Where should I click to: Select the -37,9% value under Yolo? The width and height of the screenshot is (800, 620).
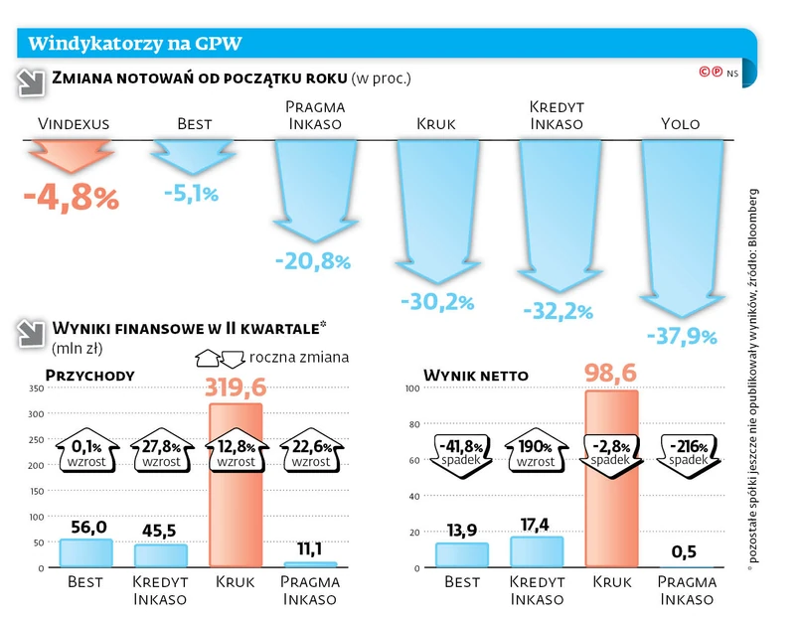point(681,336)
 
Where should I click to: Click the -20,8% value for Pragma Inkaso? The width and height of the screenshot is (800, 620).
point(312,261)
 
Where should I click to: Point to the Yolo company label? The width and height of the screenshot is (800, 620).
point(681,124)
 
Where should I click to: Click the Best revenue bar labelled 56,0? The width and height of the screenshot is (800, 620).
point(85,552)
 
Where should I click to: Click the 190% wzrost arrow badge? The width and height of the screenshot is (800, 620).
point(536,453)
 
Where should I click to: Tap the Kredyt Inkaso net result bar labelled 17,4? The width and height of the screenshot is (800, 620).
point(537,551)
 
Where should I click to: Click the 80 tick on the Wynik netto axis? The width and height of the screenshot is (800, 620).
point(414,424)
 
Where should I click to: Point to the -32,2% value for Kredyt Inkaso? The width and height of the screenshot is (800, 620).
point(558,311)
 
